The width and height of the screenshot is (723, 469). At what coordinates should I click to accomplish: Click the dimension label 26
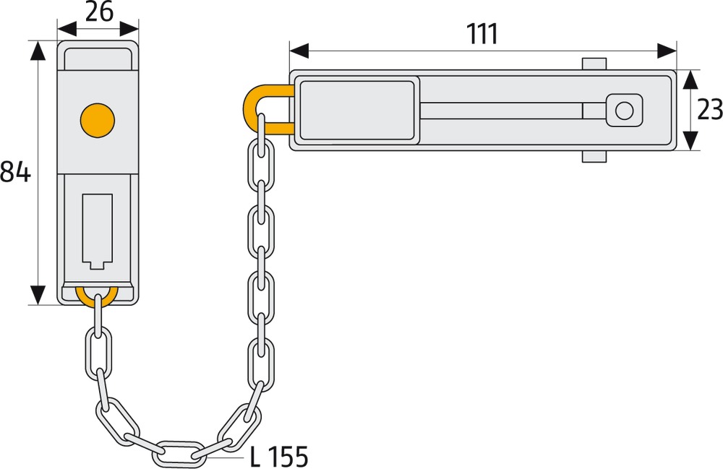pos(99,12)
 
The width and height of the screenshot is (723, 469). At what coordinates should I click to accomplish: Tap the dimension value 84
pos(15,172)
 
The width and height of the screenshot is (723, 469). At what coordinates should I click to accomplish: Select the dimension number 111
pos(482,34)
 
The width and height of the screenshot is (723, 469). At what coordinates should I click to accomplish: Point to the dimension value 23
pos(710,110)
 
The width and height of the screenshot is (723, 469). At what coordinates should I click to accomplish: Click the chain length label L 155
pos(278,457)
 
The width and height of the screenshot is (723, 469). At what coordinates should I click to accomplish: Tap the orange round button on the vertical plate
pos(98,120)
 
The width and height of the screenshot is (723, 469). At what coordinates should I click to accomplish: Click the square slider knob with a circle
pos(624,111)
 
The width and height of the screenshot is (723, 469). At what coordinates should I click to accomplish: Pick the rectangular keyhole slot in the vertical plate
pos(98,231)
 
